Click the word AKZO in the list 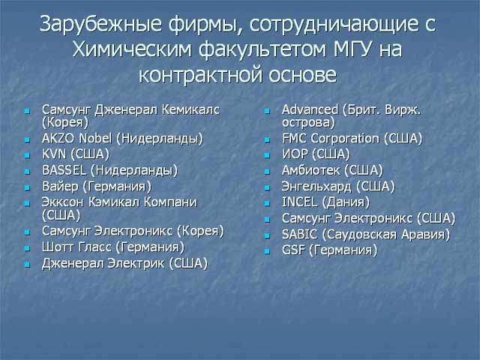tap(58, 138)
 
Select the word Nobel tap(95, 138)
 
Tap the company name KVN tap(54, 154)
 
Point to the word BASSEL tap(64, 170)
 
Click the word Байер tap(60, 187)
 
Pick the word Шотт tap(57, 247)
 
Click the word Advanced tap(310, 109)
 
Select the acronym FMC tap(294, 138)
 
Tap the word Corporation tap(345, 139)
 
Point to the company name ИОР tap(295, 154)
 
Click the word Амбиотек tap(310, 170)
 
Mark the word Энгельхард tap(316, 187)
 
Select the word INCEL tap(299, 202)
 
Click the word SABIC tap(299, 235)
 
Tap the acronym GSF tap(293, 250)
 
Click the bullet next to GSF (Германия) tap(267, 251)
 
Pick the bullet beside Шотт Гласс tap(28, 248)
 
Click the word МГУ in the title tap(353, 49)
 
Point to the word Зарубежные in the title tap(100, 24)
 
